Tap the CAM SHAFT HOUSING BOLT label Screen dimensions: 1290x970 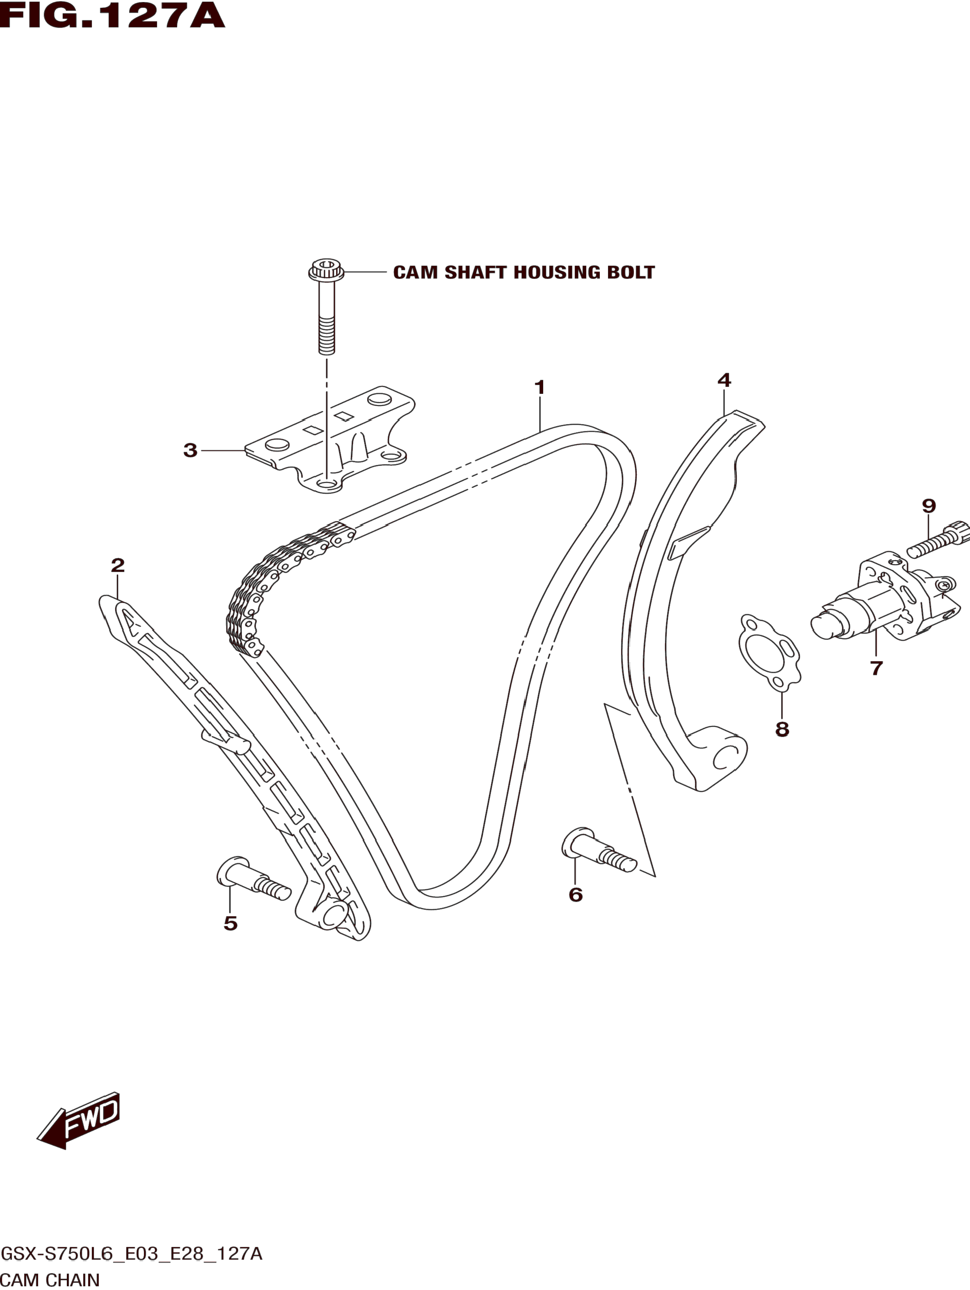(523, 273)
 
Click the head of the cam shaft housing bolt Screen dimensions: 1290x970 (326, 270)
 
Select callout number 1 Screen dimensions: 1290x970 (540, 387)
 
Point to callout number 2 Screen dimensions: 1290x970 (118, 565)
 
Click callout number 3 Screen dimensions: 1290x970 (190, 450)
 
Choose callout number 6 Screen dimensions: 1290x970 (575, 894)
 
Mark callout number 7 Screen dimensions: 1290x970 (876, 668)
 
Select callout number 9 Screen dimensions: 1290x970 (928, 505)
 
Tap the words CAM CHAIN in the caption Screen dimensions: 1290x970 (51, 1280)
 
